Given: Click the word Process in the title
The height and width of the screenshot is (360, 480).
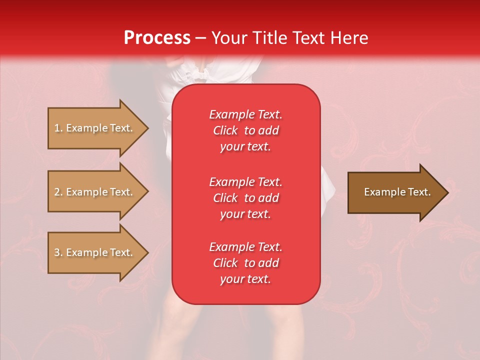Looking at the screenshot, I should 157,38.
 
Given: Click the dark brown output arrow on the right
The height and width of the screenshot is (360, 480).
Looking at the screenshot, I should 395,192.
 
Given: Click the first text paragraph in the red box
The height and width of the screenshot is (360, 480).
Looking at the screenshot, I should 245,130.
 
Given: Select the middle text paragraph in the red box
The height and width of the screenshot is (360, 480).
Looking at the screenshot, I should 245,198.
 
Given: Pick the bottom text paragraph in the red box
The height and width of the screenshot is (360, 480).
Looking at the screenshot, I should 245,263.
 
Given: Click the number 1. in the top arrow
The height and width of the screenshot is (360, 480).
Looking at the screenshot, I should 58,128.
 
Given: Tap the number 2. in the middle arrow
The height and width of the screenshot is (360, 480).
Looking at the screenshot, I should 58,192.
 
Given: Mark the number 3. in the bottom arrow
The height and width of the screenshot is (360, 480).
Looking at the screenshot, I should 58,253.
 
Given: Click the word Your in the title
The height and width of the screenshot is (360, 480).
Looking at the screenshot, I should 230,38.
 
